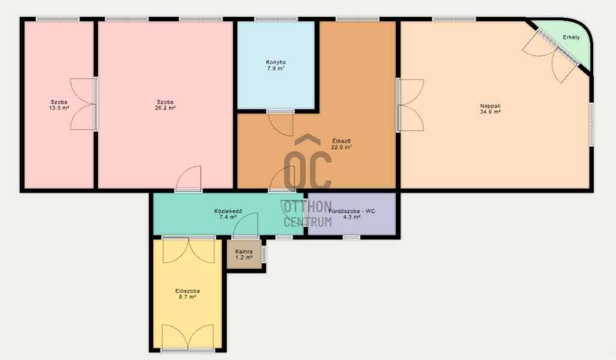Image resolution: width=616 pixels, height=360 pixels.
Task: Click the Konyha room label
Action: pos(276,62)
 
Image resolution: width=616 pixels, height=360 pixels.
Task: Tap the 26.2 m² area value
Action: pos(165,108)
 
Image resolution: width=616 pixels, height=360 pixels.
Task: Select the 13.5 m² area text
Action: pos(59,108)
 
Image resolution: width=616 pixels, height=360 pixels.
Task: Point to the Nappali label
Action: pos(490,106)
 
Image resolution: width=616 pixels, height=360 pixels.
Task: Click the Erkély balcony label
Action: pos(571,37)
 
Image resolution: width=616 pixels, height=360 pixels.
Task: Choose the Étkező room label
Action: pos(342,141)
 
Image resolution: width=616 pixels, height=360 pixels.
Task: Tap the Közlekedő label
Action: pos(228,211)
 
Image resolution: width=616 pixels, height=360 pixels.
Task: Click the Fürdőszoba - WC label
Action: pos(351,211)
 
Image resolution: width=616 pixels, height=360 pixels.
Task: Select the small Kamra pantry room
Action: pos(244,254)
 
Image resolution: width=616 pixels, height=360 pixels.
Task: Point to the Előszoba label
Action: pos(188,291)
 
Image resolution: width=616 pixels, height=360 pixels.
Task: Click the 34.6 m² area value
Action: pos(490,111)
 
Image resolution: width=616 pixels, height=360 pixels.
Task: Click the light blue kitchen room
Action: pos(276,65)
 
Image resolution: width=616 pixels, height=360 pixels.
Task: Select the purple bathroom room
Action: pos(351,214)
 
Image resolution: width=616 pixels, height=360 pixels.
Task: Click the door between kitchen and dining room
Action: pos(280,123)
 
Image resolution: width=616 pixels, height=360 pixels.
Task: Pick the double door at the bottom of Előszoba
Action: pos(188,337)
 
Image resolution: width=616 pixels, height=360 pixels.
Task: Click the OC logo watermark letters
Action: pos(307,164)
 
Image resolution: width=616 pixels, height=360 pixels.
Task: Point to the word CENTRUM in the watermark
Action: pos(307,222)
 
